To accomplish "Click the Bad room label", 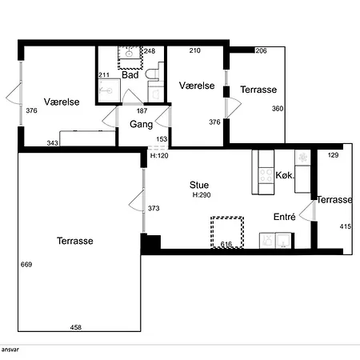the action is (130, 75).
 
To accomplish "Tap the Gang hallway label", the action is (141, 124).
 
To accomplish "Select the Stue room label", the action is (199, 185).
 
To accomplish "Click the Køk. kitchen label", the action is (285, 175).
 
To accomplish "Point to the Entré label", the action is (285, 217).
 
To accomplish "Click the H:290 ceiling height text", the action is (202, 195).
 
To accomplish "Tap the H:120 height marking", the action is (159, 155).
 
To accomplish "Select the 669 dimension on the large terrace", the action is (26, 264).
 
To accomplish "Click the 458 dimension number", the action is (76, 327).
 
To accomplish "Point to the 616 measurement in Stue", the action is (226, 244).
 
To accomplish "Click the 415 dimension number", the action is (346, 226).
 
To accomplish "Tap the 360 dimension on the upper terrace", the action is (278, 109).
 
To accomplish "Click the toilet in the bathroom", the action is (153, 74).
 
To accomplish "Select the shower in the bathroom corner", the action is (110, 90).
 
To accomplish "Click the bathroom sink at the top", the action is (130, 53).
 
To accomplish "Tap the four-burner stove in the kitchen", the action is (266, 175).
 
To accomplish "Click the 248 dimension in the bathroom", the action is (150, 51).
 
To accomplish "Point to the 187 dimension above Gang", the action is (142, 110).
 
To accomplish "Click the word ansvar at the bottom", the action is (10, 350).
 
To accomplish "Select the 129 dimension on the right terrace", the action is (333, 155).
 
